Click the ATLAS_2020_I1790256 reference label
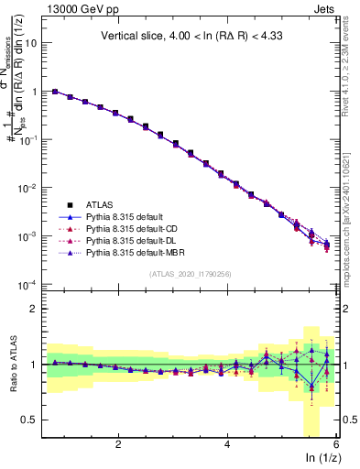click(x=190, y=274)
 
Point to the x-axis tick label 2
click(x=118, y=444)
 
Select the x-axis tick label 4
click(x=227, y=444)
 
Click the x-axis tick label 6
click(x=336, y=444)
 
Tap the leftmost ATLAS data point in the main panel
click(x=55, y=92)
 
